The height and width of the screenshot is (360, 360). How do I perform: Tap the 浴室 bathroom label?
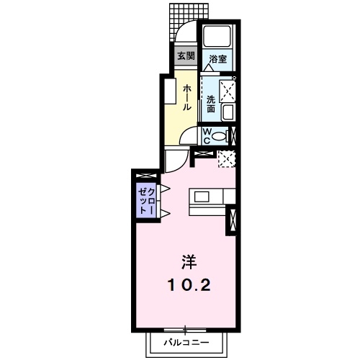tap(217, 59)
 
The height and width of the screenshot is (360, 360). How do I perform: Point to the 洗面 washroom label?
tap(210, 103)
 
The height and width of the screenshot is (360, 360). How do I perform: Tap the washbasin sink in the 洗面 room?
tap(228, 112)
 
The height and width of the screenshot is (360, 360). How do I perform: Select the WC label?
tap(206, 135)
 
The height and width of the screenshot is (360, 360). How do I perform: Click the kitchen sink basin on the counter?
tap(201, 197)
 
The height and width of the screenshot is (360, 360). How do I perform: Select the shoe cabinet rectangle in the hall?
tap(171, 92)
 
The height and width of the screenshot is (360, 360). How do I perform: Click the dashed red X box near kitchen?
tap(228, 159)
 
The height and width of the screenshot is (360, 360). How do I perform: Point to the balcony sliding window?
tap(185, 329)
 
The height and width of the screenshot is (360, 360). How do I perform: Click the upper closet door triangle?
tap(164, 189)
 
